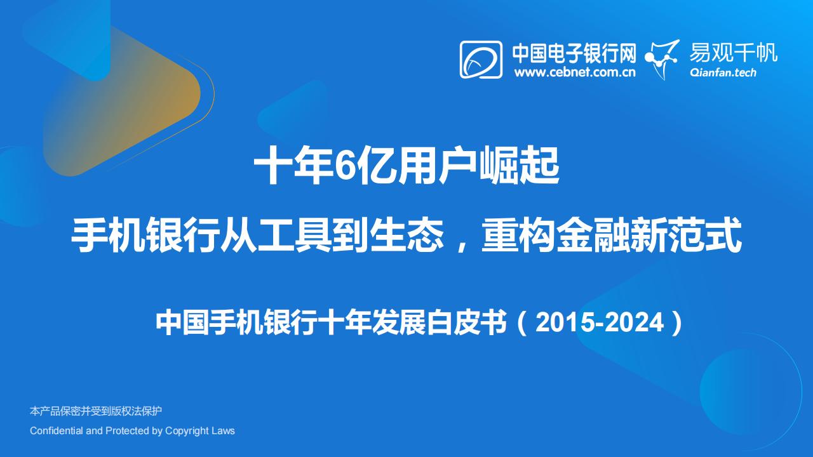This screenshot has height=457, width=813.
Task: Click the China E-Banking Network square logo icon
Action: (x=481, y=60)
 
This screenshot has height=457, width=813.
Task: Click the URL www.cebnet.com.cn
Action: (x=575, y=72)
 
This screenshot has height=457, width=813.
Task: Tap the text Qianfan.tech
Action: (x=723, y=72)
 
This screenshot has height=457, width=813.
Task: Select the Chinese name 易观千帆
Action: (x=734, y=53)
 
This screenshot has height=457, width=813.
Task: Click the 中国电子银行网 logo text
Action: (x=574, y=53)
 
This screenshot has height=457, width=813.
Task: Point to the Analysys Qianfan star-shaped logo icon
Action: (x=661, y=60)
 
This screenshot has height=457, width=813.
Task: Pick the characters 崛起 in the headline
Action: (x=520, y=166)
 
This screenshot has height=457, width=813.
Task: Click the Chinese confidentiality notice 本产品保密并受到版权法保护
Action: (x=96, y=411)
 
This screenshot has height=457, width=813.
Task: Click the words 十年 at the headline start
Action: (x=293, y=166)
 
